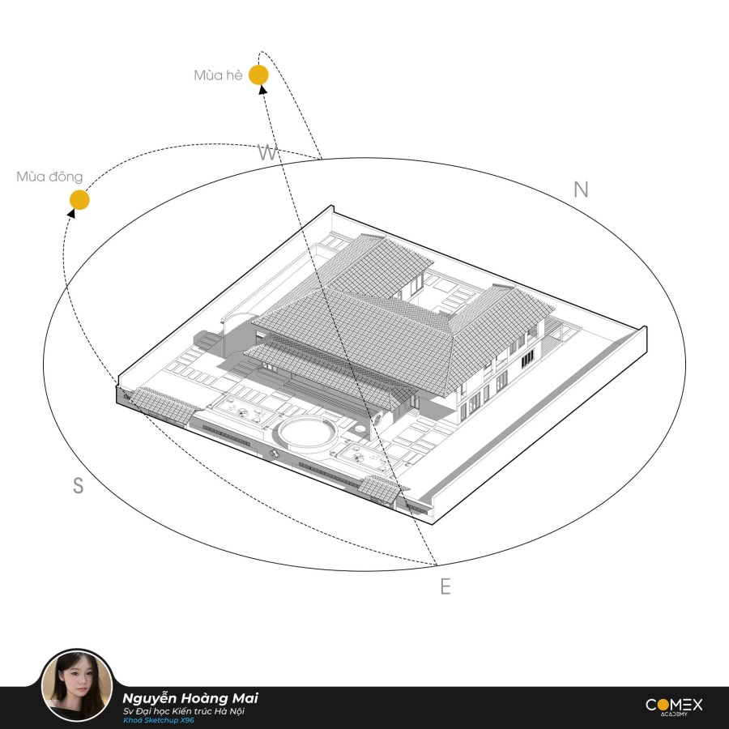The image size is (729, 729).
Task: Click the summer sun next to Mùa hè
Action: (x=258, y=75)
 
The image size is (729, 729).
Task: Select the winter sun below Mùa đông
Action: (x=79, y=200)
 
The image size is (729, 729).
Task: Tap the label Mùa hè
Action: (x=218, y=75)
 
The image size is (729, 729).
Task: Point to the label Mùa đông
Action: (x=49, y=177)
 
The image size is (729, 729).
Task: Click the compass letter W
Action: (x=267, y=152)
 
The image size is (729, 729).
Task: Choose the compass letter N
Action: (x=581, y=190)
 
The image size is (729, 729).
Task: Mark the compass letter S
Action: (x=78, y=485)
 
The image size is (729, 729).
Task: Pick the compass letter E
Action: (x=446, y=586)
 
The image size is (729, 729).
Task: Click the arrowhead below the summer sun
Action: (x=262, y=90)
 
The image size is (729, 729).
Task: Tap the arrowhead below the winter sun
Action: (x=71, y=213)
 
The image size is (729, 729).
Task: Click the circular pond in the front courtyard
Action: (x=308, y=434)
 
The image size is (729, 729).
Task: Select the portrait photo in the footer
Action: (x=77, y=685)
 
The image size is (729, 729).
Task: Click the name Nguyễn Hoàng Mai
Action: (x=190, y=698)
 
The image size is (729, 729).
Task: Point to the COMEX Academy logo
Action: (x=674, y=706)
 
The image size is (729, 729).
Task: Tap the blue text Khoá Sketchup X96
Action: (x=159, y=720)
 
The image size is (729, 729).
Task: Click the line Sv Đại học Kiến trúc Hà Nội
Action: (x=184, y=711)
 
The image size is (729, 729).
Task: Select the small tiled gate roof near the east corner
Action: (x=382, y=489)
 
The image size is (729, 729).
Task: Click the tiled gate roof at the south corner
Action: (x=164, y=404)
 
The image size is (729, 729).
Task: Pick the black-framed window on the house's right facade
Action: (x=527, y=359)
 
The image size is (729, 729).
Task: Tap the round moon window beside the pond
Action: (x=377, y=420)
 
